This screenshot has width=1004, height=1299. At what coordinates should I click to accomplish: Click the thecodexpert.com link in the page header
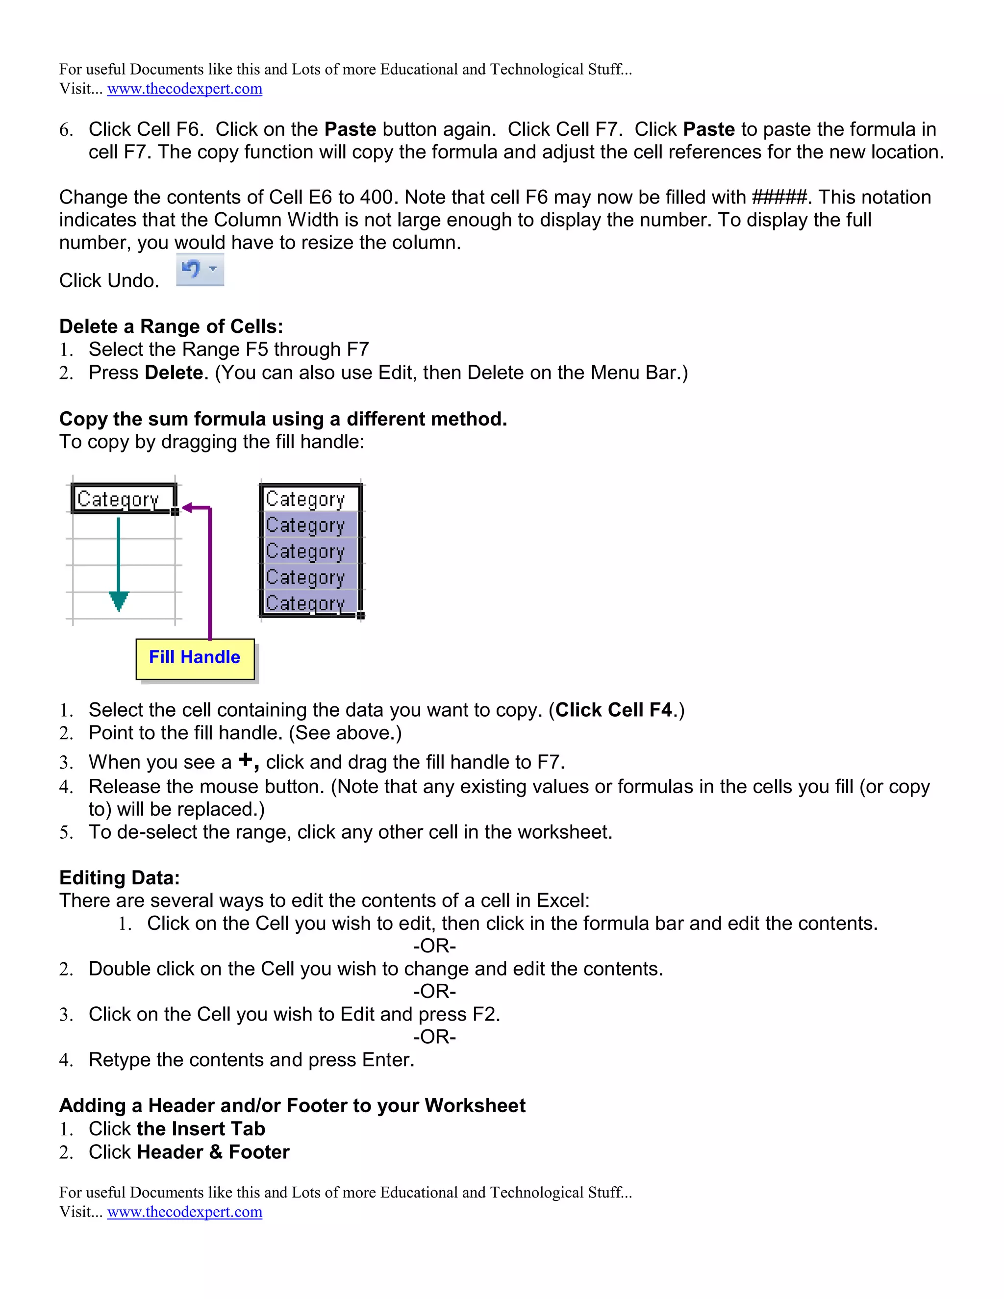pyautogui.click(x=184, y=89)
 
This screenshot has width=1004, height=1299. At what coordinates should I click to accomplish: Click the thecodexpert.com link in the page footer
pyautogui.click(x=184, y=1212)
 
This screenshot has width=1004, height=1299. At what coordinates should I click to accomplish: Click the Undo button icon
pyautogui.click(x=192, y=270)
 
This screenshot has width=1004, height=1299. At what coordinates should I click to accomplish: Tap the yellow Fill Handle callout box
pyautogui.click(x=195, y=658)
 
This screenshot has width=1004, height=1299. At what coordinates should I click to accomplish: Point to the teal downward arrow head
pyautogui.click(x=119, y=601)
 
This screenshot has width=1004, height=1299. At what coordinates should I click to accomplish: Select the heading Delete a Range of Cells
pyautogui.click(x=171, y=326)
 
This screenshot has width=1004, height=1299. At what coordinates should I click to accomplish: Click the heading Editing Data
pyautogui.click(x=119, y=878)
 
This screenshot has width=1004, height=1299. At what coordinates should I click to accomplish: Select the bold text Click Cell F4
pyautogui.click(x=613, y=710)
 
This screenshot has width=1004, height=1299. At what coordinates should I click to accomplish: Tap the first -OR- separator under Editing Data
pyautogui.click(x=434, y=946)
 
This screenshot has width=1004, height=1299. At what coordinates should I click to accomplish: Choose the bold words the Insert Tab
pyautogui.click(x=201, y=1129)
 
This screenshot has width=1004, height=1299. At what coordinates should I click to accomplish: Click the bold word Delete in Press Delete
pyautogui.click(x=174, y=373)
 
